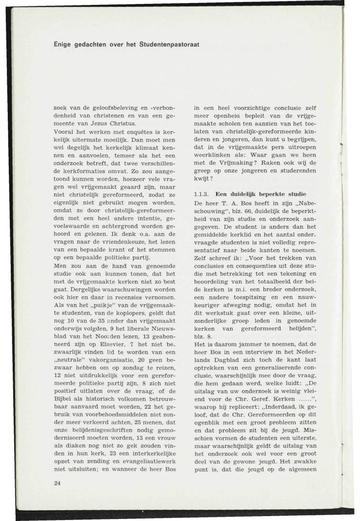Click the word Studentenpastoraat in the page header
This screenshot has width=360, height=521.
pyautogui.click(x=168, y=45)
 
